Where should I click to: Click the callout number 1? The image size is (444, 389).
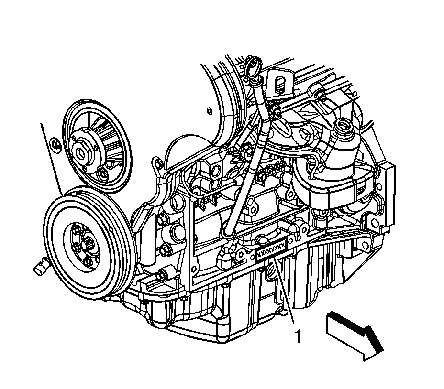(x=298, y=336)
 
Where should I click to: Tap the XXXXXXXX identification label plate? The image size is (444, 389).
(x=272, y=251)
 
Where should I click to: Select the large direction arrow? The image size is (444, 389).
(x=355, y=336)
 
